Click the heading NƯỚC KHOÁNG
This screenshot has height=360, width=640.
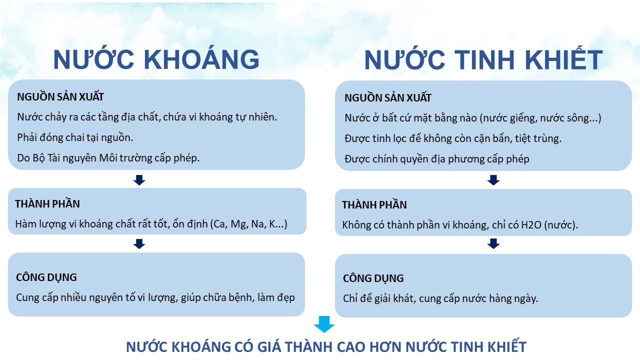coord(156,59)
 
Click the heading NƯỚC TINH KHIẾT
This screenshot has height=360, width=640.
coord(483,60)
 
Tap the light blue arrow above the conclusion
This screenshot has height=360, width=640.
coord(324,324)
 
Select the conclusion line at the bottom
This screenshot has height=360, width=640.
coord(326,347)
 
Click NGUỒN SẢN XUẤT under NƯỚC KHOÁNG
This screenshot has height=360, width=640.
coord(60,96)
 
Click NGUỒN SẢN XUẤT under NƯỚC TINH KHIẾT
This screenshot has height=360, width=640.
coord(388,97)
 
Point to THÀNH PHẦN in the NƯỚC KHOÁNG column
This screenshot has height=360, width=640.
coord(47,203)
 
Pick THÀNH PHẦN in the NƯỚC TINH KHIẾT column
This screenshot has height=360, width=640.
coord(374,204)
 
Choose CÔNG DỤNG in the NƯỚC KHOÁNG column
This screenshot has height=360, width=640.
coord(46,277)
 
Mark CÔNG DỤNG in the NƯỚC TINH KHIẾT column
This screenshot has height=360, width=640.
coord(373,278)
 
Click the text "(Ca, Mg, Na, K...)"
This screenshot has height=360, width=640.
coord(248,224)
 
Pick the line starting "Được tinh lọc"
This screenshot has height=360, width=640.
coord(453,138)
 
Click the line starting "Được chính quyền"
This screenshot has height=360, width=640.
coord(437,159)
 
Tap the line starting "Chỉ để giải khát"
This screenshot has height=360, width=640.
coord(440,299)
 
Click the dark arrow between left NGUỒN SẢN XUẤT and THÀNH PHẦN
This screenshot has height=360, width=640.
coord(139,180)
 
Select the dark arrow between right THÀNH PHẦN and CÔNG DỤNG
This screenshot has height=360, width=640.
coord(493,243)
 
